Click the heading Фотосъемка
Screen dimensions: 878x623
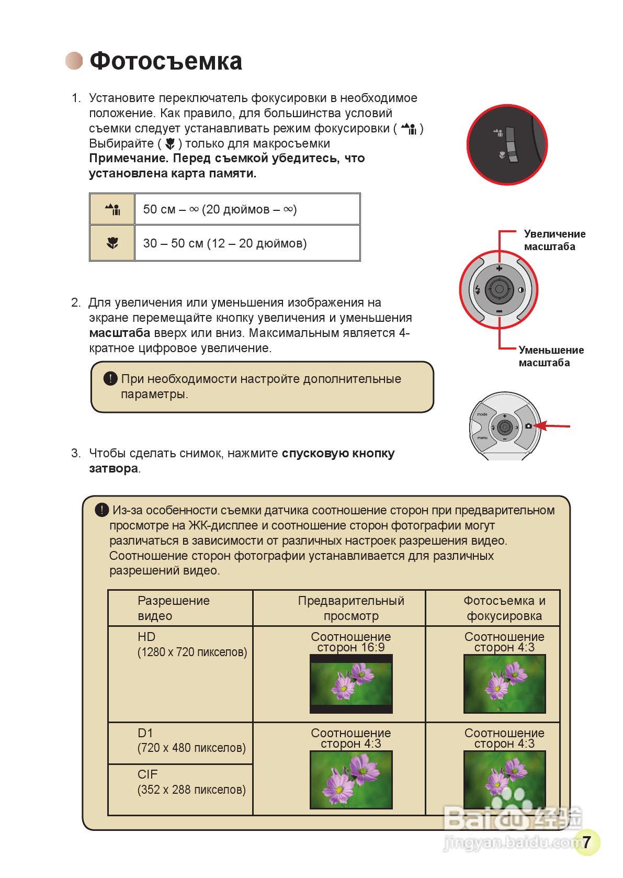pos(166,61)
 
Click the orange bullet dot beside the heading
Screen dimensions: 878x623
pos(74,61)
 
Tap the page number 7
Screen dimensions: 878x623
pos(586,842)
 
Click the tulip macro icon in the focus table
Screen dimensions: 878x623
pos(112,243)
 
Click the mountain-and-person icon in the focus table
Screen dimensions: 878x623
pos(112,209)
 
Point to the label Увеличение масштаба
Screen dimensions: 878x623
pos(554,240)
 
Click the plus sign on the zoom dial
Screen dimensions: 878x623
pos(499,268)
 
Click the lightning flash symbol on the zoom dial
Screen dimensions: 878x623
pos(477,290)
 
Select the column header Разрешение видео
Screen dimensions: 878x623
pos(173,608)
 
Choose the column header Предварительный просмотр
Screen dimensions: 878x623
pos(351,608)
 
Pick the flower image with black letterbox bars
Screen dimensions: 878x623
pos(351,684)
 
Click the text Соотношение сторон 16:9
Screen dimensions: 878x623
pos(351,642)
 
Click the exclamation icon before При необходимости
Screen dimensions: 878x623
pos(110,378)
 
